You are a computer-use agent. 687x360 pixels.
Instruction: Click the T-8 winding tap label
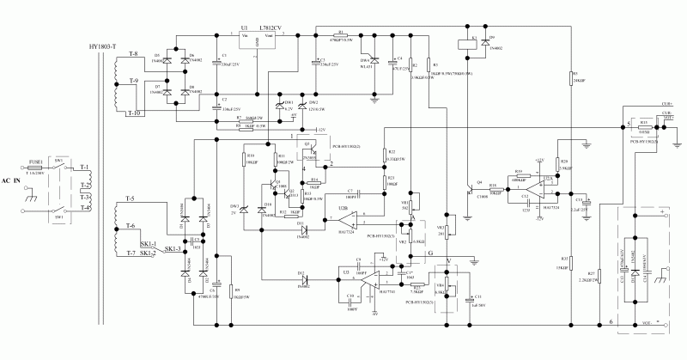coord(132,54)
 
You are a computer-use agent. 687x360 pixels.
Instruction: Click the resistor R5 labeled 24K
coord(573,77)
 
